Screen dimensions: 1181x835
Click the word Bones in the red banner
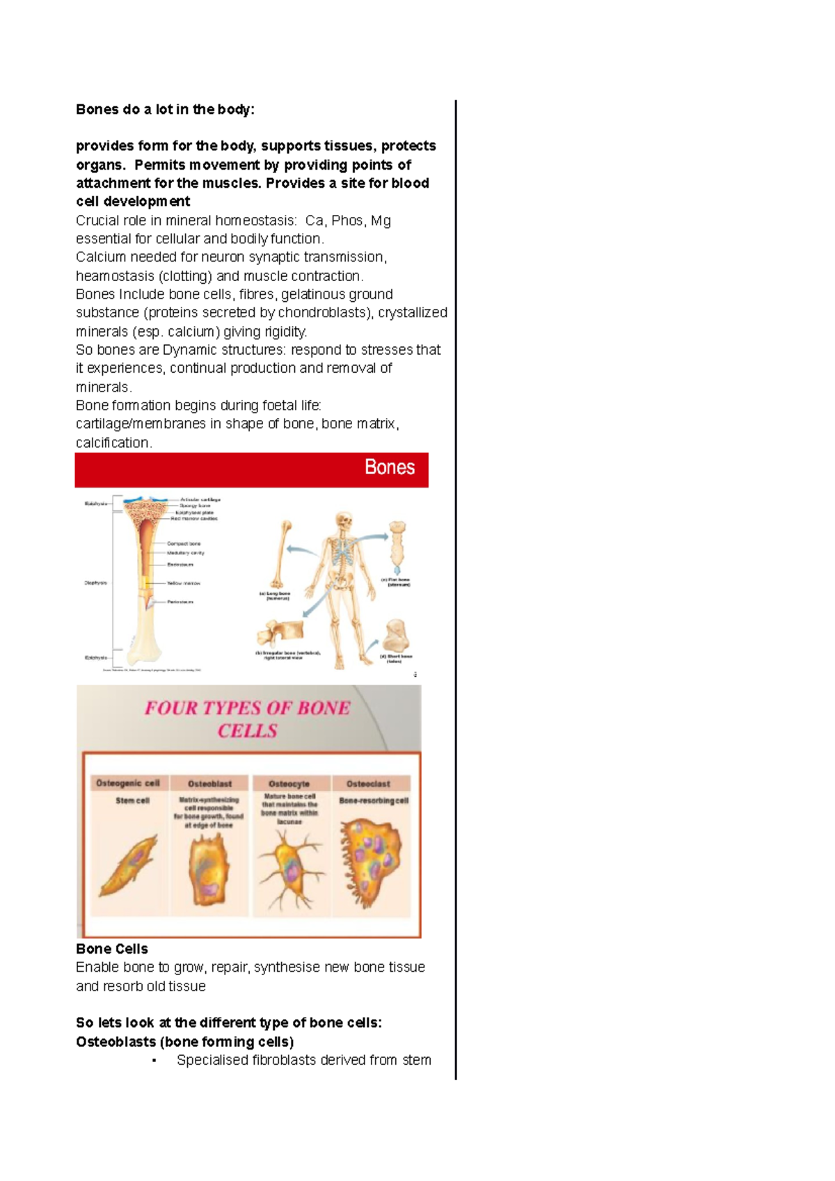(389, 467)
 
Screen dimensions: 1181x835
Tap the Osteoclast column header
(368, 784)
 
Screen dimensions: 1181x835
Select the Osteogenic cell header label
(128, 783)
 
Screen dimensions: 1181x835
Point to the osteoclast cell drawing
(370, 862)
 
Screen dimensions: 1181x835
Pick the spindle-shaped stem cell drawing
(129, 866)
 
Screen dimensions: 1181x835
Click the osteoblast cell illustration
(208, 869)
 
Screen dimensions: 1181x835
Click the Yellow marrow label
(184, 584)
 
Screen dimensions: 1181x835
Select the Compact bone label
(184, 544)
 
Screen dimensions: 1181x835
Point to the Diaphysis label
(96, 583)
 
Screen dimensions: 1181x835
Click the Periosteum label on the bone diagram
(180, 602)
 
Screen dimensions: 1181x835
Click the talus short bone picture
(395, 634)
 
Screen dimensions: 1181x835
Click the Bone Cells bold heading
(111, 949)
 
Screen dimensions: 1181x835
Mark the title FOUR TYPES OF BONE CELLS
(247, 719)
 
